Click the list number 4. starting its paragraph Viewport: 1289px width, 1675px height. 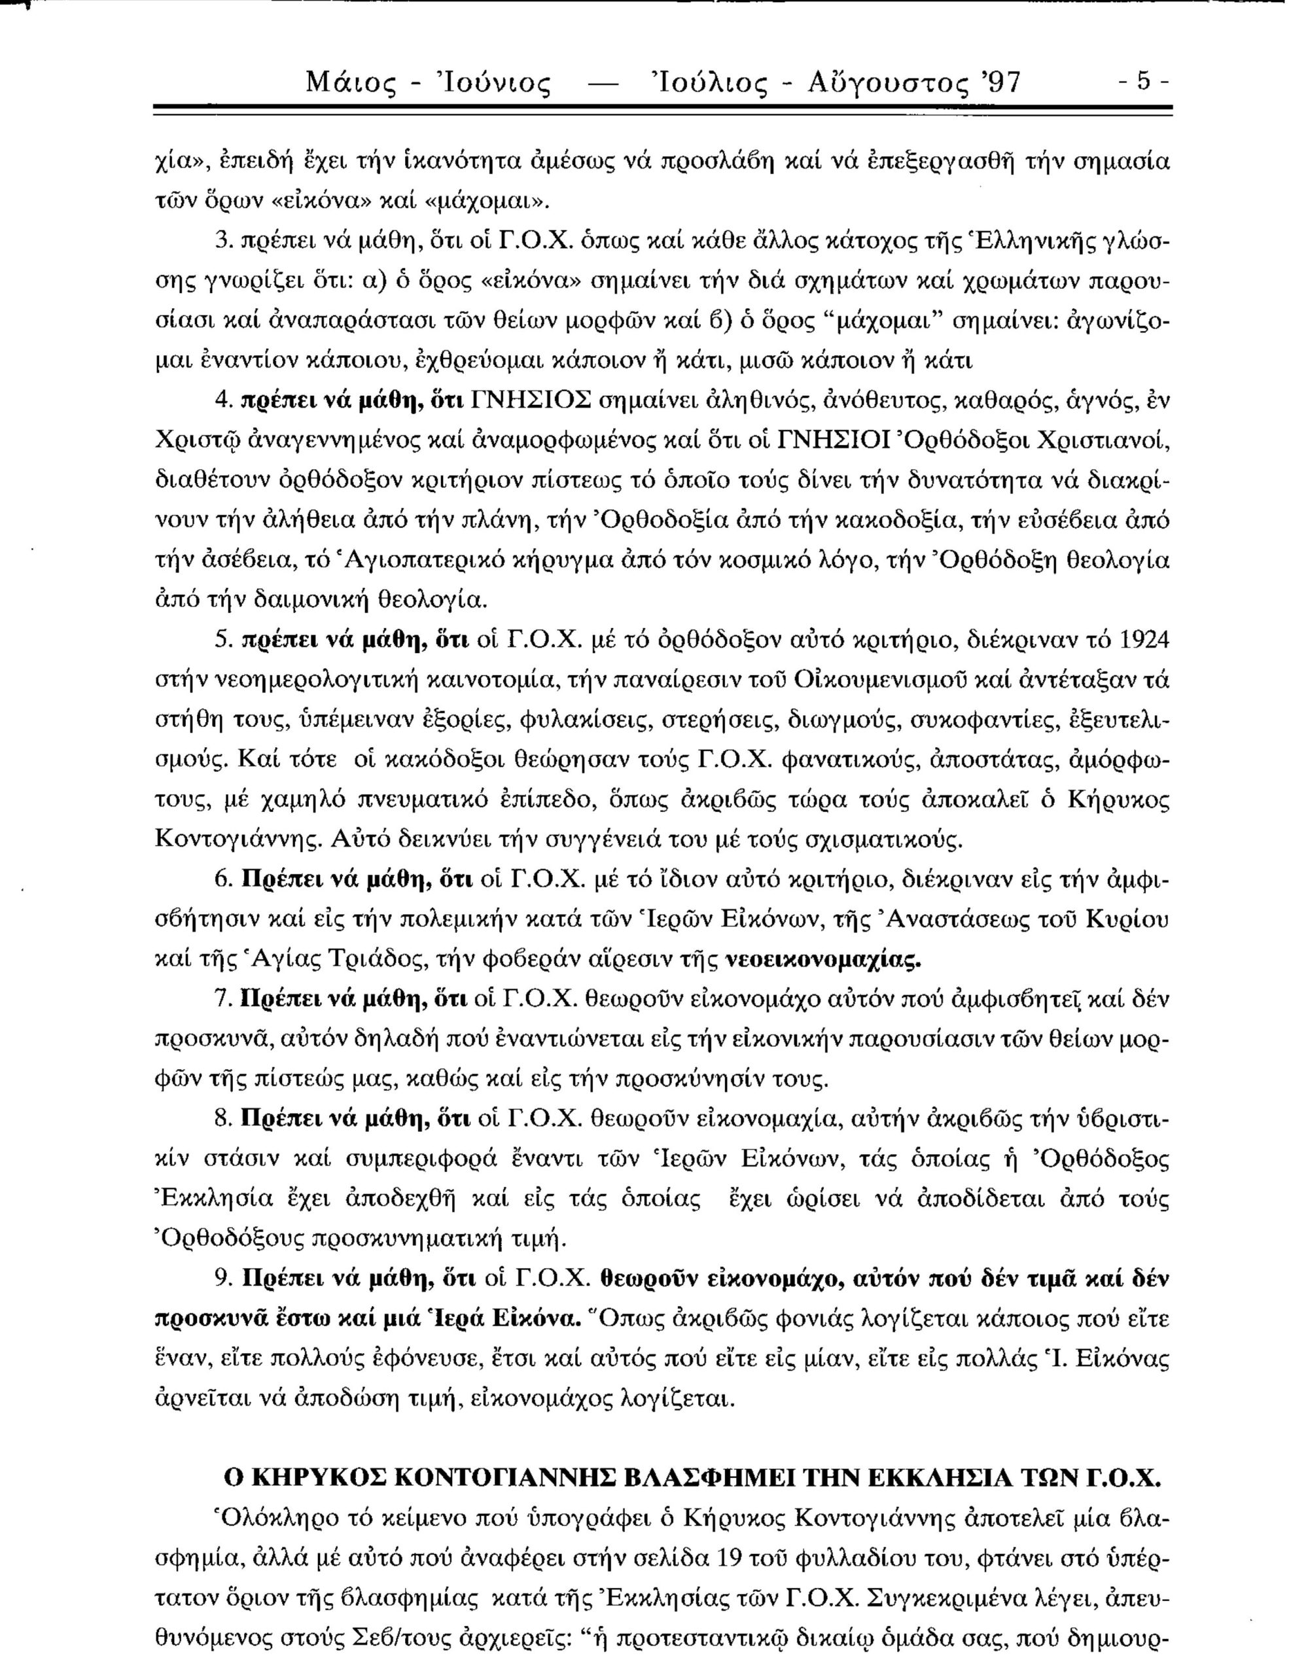[x=222, y=401]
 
